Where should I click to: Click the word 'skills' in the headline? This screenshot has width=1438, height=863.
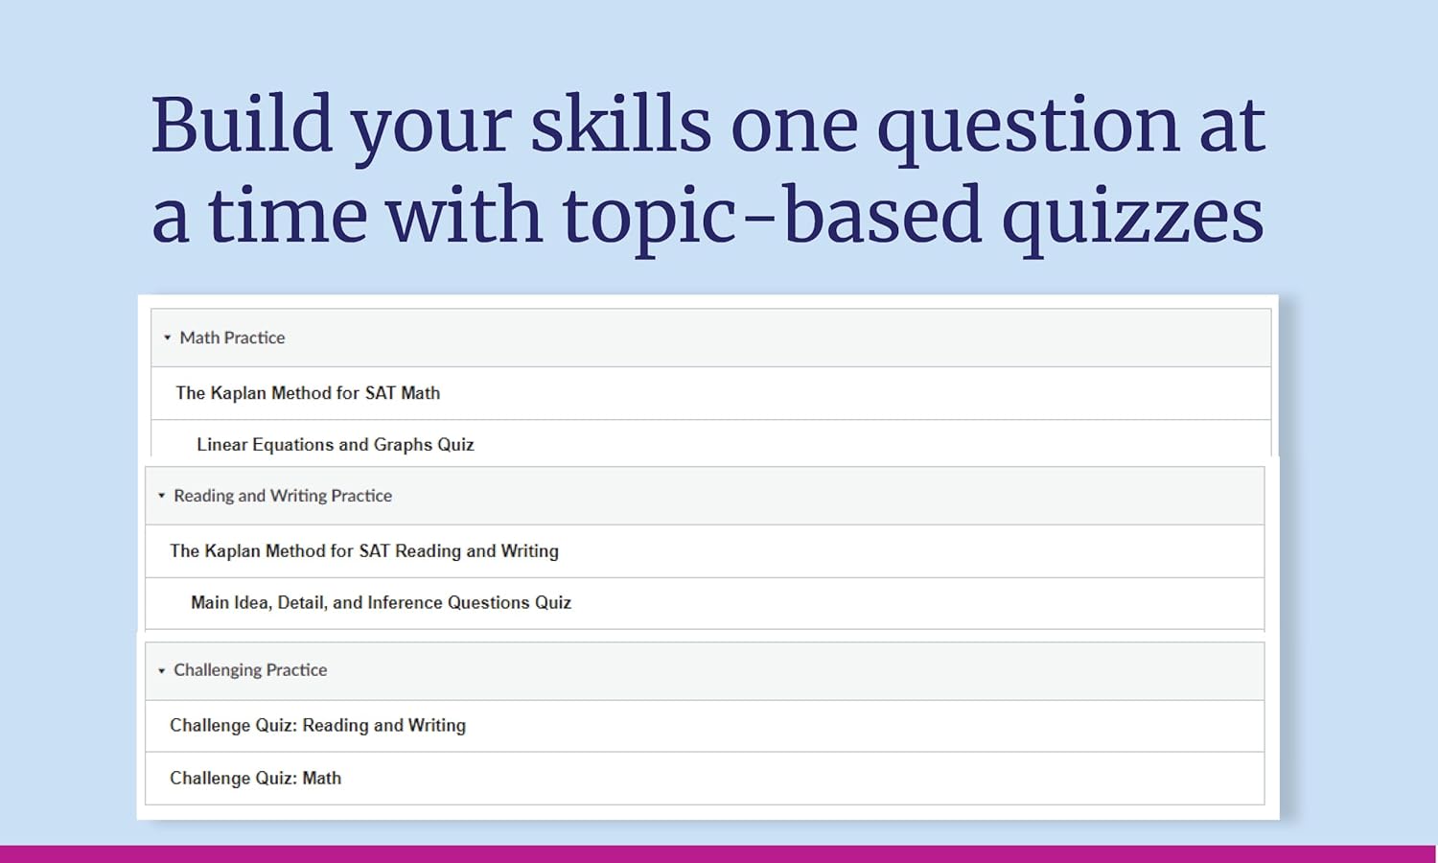[620, 126]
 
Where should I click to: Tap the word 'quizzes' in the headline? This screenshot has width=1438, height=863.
[1132, 217]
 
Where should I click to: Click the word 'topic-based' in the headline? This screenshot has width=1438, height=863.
[772, 217]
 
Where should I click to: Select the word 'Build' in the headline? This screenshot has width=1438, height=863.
[241, 125]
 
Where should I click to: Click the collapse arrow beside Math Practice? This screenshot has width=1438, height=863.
[167, 338]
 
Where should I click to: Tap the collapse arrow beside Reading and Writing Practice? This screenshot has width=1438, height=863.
[161, 496]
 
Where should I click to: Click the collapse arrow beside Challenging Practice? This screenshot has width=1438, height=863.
[161, 670]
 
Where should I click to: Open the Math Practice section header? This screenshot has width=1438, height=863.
[232, 338]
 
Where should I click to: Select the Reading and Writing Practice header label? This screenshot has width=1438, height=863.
[282, 496]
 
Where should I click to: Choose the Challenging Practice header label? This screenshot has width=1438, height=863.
[249, 670]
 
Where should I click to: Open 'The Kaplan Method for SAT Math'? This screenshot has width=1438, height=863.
[308, 393]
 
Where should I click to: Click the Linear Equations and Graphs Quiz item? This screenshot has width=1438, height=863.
[335, 445]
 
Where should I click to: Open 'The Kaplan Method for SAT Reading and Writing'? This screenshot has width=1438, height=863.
[363, 551]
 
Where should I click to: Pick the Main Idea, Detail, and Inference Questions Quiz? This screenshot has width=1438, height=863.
[381, 603]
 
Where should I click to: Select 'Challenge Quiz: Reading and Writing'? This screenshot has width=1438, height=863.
[317, 726]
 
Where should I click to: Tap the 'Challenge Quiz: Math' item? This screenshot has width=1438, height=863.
[255, 779]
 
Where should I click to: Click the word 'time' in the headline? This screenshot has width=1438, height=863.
[288, 217]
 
